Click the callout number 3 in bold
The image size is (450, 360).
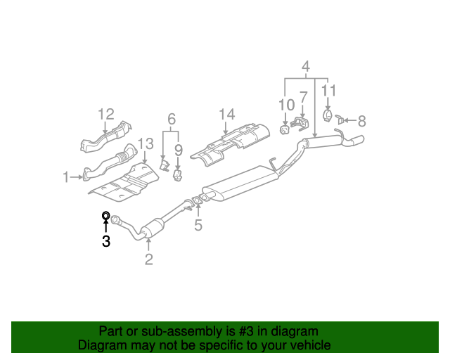(105, 242)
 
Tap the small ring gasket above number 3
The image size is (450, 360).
(105, 216)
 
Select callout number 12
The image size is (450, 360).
(105, 114)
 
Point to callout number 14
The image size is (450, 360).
(226, 114)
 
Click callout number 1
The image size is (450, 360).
(66, 178)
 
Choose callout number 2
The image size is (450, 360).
(148, 260)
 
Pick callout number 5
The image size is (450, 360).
(198, 225)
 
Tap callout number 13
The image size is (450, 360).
(145, 144)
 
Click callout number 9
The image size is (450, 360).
(178, 150)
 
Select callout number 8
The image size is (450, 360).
(362, 121)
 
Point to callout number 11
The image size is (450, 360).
(328, 90)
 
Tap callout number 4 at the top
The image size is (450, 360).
(306, 67)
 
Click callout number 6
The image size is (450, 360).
(170, 120)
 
